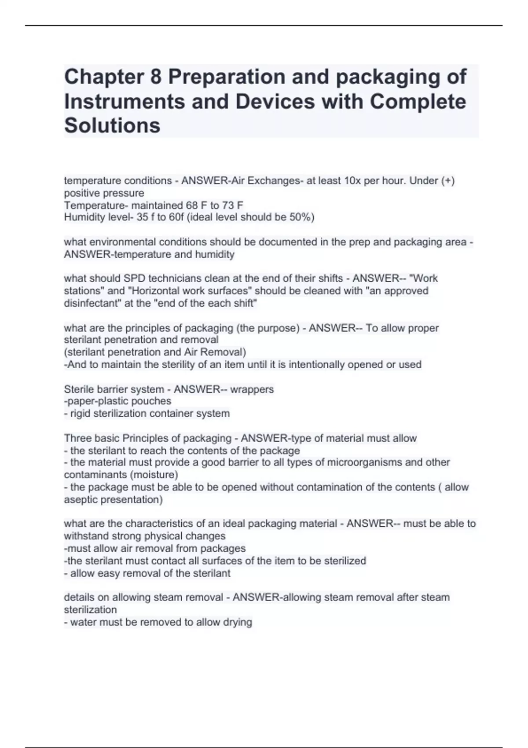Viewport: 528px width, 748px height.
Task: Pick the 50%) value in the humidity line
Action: click(x=302, y=217)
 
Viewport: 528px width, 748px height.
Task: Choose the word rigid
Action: click(x=81, y=414)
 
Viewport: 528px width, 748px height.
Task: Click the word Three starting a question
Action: click(x=77, y=438)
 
